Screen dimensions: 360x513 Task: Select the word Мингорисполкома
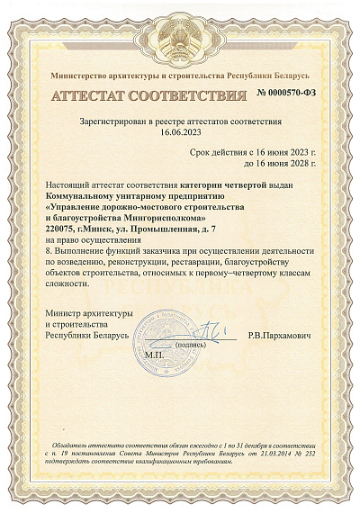click(161, 218)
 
